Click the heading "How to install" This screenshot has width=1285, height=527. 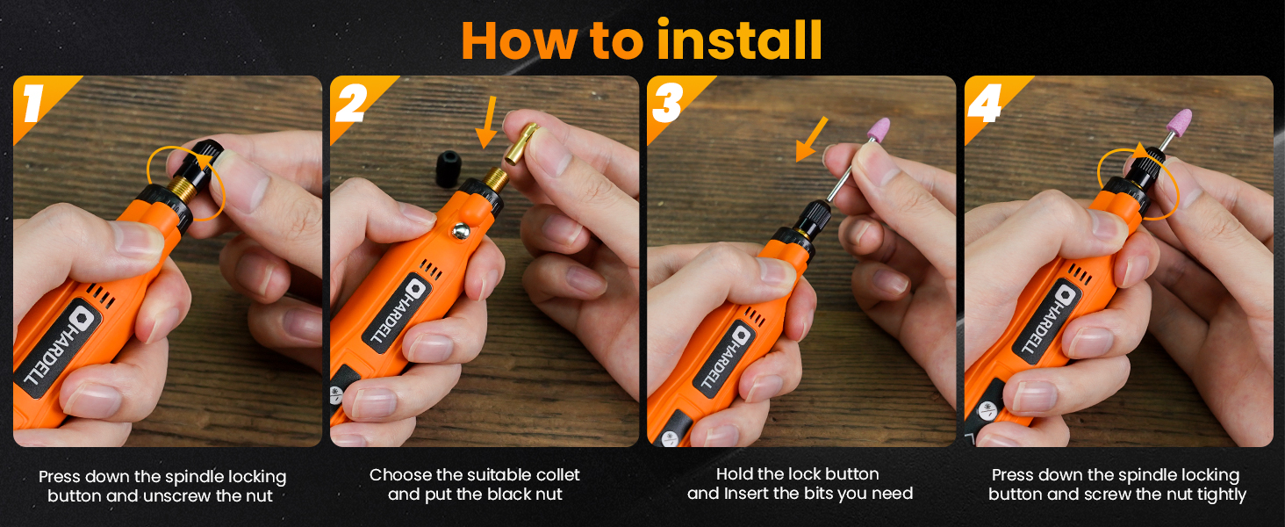coord(642,40)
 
